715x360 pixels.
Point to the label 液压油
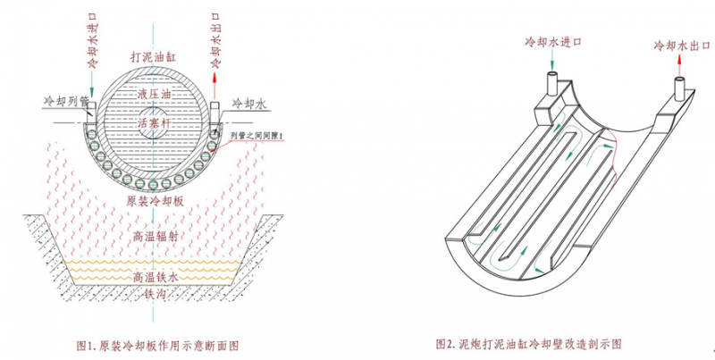[156, 94]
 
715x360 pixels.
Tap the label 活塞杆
[156, 125]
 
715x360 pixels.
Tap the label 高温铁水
[156, 278]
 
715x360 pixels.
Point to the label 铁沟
[156, 292]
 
